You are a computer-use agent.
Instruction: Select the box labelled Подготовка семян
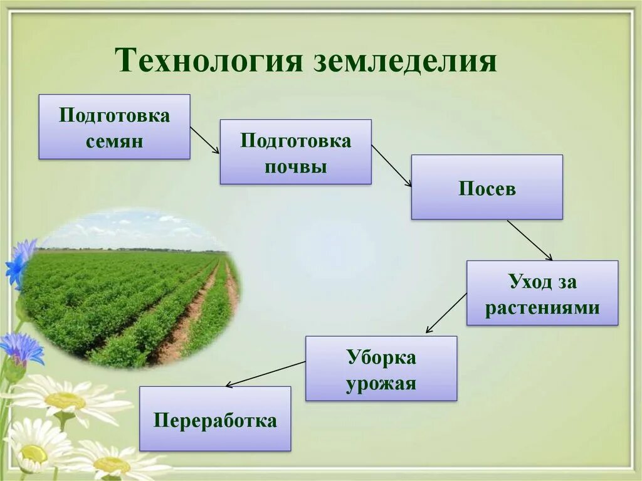tap(114, 127)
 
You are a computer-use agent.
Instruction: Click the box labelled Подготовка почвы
tap(295, 152)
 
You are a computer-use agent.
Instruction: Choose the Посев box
tap(487, 187)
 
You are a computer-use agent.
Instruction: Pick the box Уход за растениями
tap(542, 293)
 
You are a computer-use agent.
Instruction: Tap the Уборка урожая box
tap(381, 368)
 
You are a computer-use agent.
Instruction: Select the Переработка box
tap(214, 418)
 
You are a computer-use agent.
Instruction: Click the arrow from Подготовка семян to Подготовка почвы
tap(204, 140)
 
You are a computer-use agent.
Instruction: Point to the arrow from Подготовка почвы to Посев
tap(391, 166)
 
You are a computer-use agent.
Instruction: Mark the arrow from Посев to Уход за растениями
tap(530, 240)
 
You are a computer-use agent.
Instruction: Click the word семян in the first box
tap(114, 141)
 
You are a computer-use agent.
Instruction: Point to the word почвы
tap(295, 166)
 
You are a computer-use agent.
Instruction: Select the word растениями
tap(542, 308)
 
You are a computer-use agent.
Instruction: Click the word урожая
tap(381, 383)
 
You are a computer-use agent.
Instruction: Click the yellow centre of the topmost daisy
tap(65, 400)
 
